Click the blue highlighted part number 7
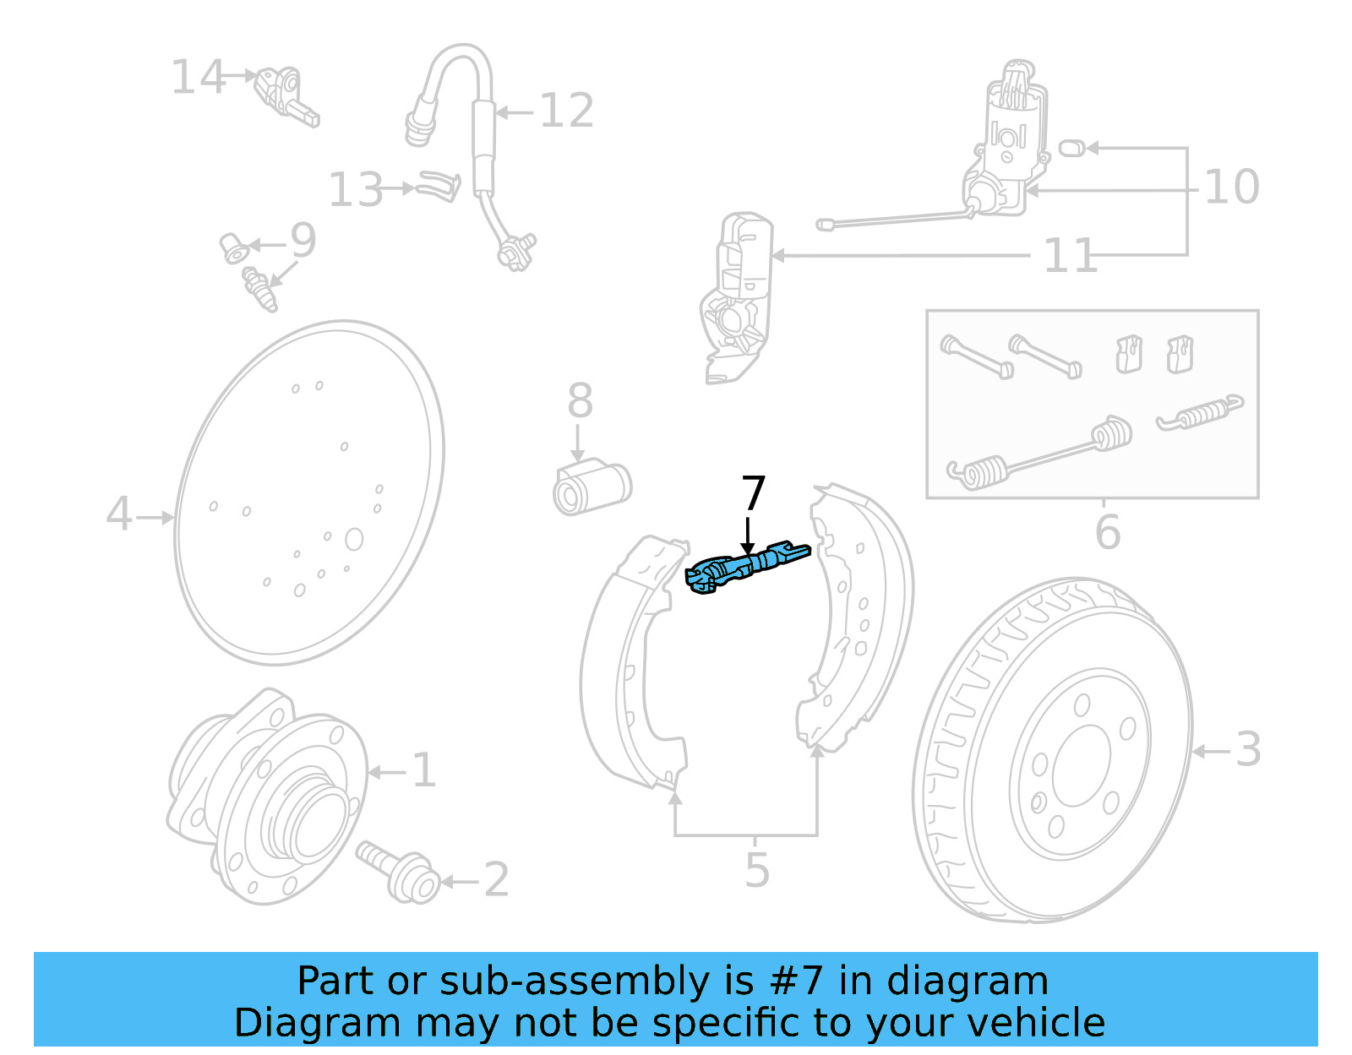click(747, 568)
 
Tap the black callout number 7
click(753, 494)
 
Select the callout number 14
click(199, 78)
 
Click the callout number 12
click(566, 111)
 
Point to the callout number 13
click(356, 190)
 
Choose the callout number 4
click(119, 514)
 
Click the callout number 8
click(580, 401)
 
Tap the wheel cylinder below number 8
click(592, 488)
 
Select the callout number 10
click(1231, 187)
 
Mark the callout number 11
click(1070, 256)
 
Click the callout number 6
click(1107, 532)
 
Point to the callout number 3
click(1248, 749)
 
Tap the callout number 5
click(757, 870)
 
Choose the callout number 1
click(423, 770)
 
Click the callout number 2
click(496, 880)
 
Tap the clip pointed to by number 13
click(440, 187)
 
